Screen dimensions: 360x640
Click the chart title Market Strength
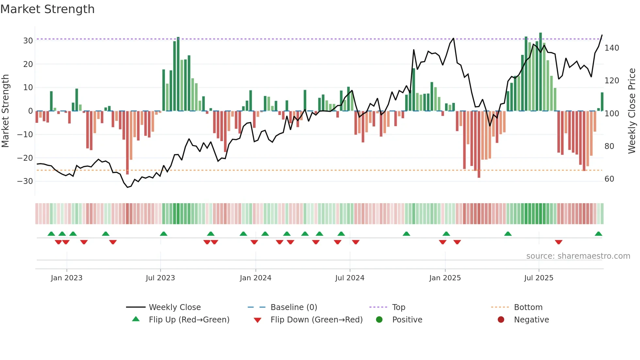[x=48, y=9]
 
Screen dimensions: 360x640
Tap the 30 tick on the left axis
[x=28, y=41]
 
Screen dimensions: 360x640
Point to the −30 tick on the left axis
[x=25, y=181]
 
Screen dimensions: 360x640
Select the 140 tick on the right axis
[x=612, y=48]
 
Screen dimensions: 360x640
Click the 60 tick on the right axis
[x=609, y=179]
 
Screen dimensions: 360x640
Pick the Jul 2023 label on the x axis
[x=160, y=278]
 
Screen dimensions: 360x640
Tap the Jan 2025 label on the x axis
[x=445, y=278]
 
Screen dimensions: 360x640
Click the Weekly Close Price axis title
[x=632, y=111]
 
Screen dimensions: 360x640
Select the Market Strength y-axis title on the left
[x=5, y=111]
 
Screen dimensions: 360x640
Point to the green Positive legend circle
[x=379, y=319]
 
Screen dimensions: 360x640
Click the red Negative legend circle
[x=501, y=319]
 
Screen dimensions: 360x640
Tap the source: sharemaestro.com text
[x=578, y=256]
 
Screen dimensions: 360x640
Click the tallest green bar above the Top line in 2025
[x=540, y=72]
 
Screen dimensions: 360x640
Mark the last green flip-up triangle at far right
[x=598, y=234]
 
